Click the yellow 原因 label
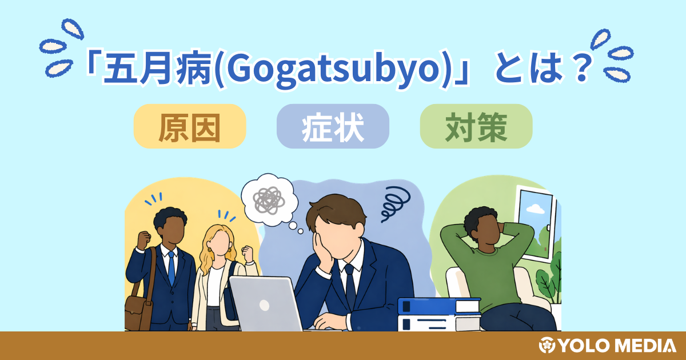pyautogui.click(x=189, y=126)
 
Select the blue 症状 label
pyautogui.click(x=333, y=126)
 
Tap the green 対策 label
pyautogui.click(x=476, y=126)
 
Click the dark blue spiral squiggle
pyautogui.click(x=395, y=204)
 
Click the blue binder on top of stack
pyautogui.click(x=439, y=306)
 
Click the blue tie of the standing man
pyautogui.click(x=171, y=269)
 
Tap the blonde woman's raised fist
pyautogui.click(x=247, y=253)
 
